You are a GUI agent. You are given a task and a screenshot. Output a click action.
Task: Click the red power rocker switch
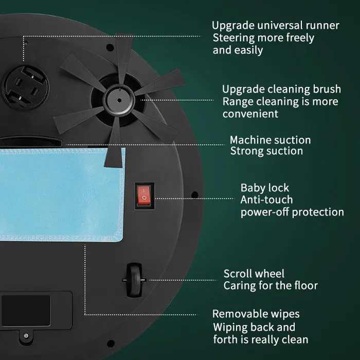coord(144,195)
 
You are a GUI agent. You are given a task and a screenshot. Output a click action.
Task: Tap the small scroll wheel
coord(134,280)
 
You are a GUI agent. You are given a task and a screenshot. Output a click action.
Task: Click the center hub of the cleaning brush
coord(119,100)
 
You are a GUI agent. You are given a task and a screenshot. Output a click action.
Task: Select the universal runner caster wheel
coord(26,87)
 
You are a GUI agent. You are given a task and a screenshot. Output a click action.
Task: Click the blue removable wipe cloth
coord(62,195)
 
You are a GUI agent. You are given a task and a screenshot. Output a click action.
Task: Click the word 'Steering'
coord(233,39)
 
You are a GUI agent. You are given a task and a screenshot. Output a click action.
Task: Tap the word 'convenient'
coord(250,114)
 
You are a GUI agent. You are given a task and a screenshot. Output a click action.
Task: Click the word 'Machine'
coord(249,140)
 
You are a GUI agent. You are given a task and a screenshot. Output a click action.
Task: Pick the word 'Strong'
coord(244,151)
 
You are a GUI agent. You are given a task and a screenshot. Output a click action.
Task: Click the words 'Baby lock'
coord(265,188)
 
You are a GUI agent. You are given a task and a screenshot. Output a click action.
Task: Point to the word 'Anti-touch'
coord(266,200)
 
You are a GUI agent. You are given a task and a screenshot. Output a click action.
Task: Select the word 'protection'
coord(318,212)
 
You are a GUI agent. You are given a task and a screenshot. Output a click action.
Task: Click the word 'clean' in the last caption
coord(295,339)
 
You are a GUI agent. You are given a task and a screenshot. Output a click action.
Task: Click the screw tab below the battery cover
coord(26,336)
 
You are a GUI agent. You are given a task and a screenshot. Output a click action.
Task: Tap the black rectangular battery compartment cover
coord(26,311)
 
